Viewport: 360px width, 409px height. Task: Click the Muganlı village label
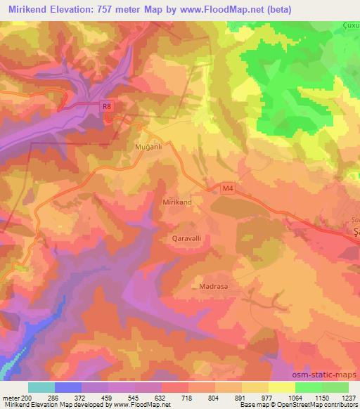coord(148,148)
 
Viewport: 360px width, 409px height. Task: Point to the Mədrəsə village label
coord(211,287)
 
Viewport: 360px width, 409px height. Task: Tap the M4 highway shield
coord(226,188)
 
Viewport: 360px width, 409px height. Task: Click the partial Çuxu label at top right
coord(350,26)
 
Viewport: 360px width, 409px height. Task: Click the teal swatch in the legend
coord(41,387)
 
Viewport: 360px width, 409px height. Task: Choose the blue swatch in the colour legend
coord(68,387)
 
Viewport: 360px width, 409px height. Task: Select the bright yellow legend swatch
coord(282,387)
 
